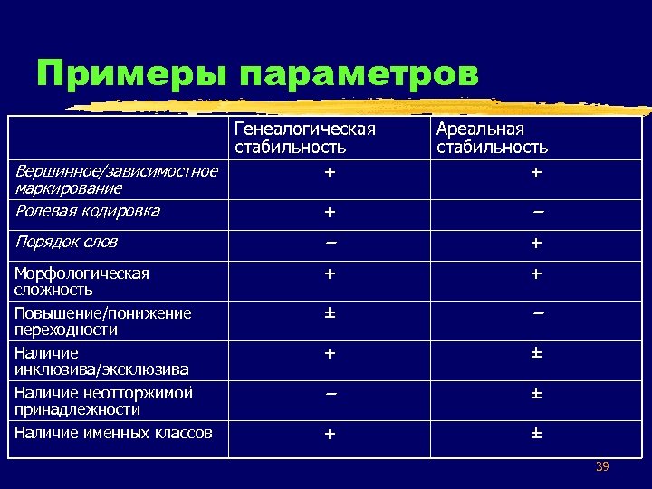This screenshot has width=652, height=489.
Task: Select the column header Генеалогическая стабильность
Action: click(x=304, y=138)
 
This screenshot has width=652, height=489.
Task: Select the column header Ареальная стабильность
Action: click(x=492, y=138)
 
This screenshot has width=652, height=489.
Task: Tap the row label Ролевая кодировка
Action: click(x=88, y=211)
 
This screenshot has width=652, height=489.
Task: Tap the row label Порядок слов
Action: click(x=66, y=242)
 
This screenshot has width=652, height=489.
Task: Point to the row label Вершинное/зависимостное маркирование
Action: click(x=116, y=179)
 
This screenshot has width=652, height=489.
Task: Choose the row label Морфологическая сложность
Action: click(x=81, y=281)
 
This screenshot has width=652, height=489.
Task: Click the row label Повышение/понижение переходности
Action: click(x=102, y=321)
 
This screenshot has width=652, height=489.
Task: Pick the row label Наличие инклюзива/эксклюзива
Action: click(x=101, y=361)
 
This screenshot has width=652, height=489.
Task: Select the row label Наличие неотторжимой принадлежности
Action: click(x=103, y=401)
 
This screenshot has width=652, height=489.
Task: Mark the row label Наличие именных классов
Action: click(x=113, y=433)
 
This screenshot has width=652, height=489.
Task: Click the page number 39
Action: click(x=602, y=466)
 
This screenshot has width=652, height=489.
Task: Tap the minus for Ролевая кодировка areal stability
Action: click(x=538, y=212)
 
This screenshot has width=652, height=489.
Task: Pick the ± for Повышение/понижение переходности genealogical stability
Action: click(x=330, y=313)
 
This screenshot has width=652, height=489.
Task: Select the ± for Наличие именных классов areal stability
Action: click(x=536, y=434)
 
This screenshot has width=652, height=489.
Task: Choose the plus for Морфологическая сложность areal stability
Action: click(x=536, y=273)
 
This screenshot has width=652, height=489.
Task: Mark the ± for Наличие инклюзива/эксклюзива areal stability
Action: click(x=536, y=353)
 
